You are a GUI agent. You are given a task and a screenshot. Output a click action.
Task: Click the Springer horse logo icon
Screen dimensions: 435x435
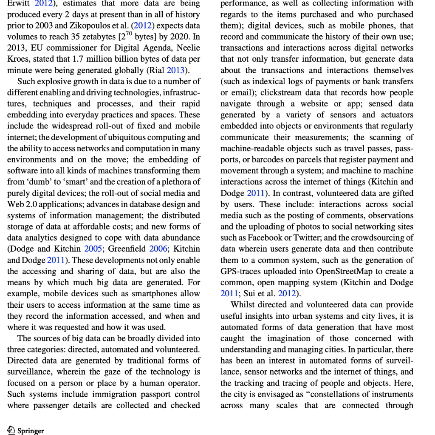click(x=11, y=430)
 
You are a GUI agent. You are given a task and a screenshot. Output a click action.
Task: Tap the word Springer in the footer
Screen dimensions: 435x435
click(x=31, y=431)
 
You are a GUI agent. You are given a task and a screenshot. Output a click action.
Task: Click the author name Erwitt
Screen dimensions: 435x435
click(x=18, y=3)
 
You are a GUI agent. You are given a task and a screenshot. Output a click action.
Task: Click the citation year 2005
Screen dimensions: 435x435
click(x=93, y=249)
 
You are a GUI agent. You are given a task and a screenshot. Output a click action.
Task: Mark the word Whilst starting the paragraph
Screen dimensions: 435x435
click(x=243, y=304)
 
